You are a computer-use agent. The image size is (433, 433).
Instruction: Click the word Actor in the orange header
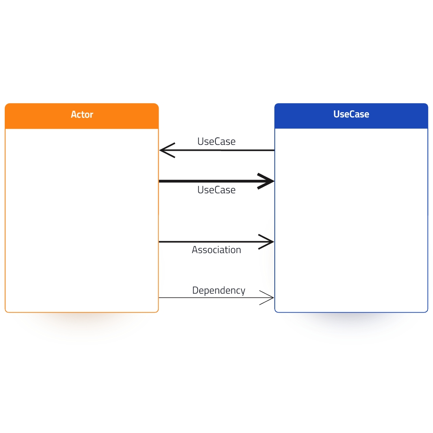pos(82,114)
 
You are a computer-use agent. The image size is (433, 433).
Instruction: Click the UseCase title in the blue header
pos(351,114)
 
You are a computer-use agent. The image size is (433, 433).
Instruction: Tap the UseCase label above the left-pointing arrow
pos(216,141)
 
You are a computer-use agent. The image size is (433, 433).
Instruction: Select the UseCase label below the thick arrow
pos(216,190)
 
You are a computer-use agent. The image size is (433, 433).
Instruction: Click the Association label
pos(216,250)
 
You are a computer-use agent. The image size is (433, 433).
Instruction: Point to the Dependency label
pos(219,291)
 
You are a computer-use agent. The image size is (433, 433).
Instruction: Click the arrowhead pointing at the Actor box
pos(167,150)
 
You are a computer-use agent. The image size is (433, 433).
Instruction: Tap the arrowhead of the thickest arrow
pos(266,181)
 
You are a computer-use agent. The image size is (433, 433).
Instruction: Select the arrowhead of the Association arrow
pos(266,242)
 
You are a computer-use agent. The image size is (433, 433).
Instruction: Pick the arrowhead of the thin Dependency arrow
pos(266,298)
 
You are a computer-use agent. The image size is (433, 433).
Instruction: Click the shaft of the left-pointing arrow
pos(217,150)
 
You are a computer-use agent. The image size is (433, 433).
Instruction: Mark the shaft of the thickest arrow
pos(216,181)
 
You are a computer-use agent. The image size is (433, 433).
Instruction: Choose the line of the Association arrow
pos(216,242)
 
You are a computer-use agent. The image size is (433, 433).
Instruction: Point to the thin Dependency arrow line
pos(216,298)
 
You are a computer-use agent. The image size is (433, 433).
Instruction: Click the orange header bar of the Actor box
pos(82,116)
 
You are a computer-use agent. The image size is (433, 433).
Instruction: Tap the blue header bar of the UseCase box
pos(351,116)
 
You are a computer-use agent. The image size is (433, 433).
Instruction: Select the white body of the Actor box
pos(82,220)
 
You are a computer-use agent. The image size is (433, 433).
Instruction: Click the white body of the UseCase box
pos(351,220)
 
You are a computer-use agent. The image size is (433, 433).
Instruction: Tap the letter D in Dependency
pos(195,290)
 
